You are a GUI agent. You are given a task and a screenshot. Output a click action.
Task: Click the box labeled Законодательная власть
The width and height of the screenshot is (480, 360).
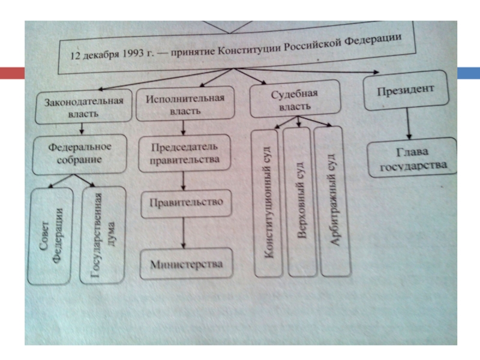click(x=83, y=106)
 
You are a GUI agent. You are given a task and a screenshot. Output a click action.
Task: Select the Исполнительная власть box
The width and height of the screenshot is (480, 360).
click(x=184, y=104)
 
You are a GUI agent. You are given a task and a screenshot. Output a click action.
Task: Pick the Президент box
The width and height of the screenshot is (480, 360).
click(x=406, y=91)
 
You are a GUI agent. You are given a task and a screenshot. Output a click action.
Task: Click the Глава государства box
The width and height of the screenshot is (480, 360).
click(x=412, y=157)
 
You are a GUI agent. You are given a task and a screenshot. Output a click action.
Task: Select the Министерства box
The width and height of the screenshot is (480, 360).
click(x=186, y=264)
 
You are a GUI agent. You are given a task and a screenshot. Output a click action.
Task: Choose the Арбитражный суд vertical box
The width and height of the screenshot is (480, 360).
click(x=332, y=200)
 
